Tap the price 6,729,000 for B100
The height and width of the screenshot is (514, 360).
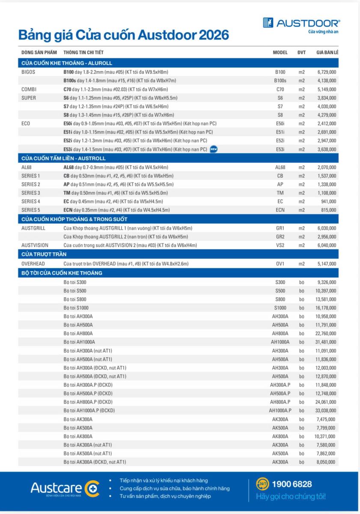(327, 72)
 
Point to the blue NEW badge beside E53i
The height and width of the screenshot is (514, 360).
(214, 149)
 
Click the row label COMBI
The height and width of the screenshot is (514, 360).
(28, 89)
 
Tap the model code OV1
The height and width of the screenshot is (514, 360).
(280, 263)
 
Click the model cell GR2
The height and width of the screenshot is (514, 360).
(280, 236)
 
